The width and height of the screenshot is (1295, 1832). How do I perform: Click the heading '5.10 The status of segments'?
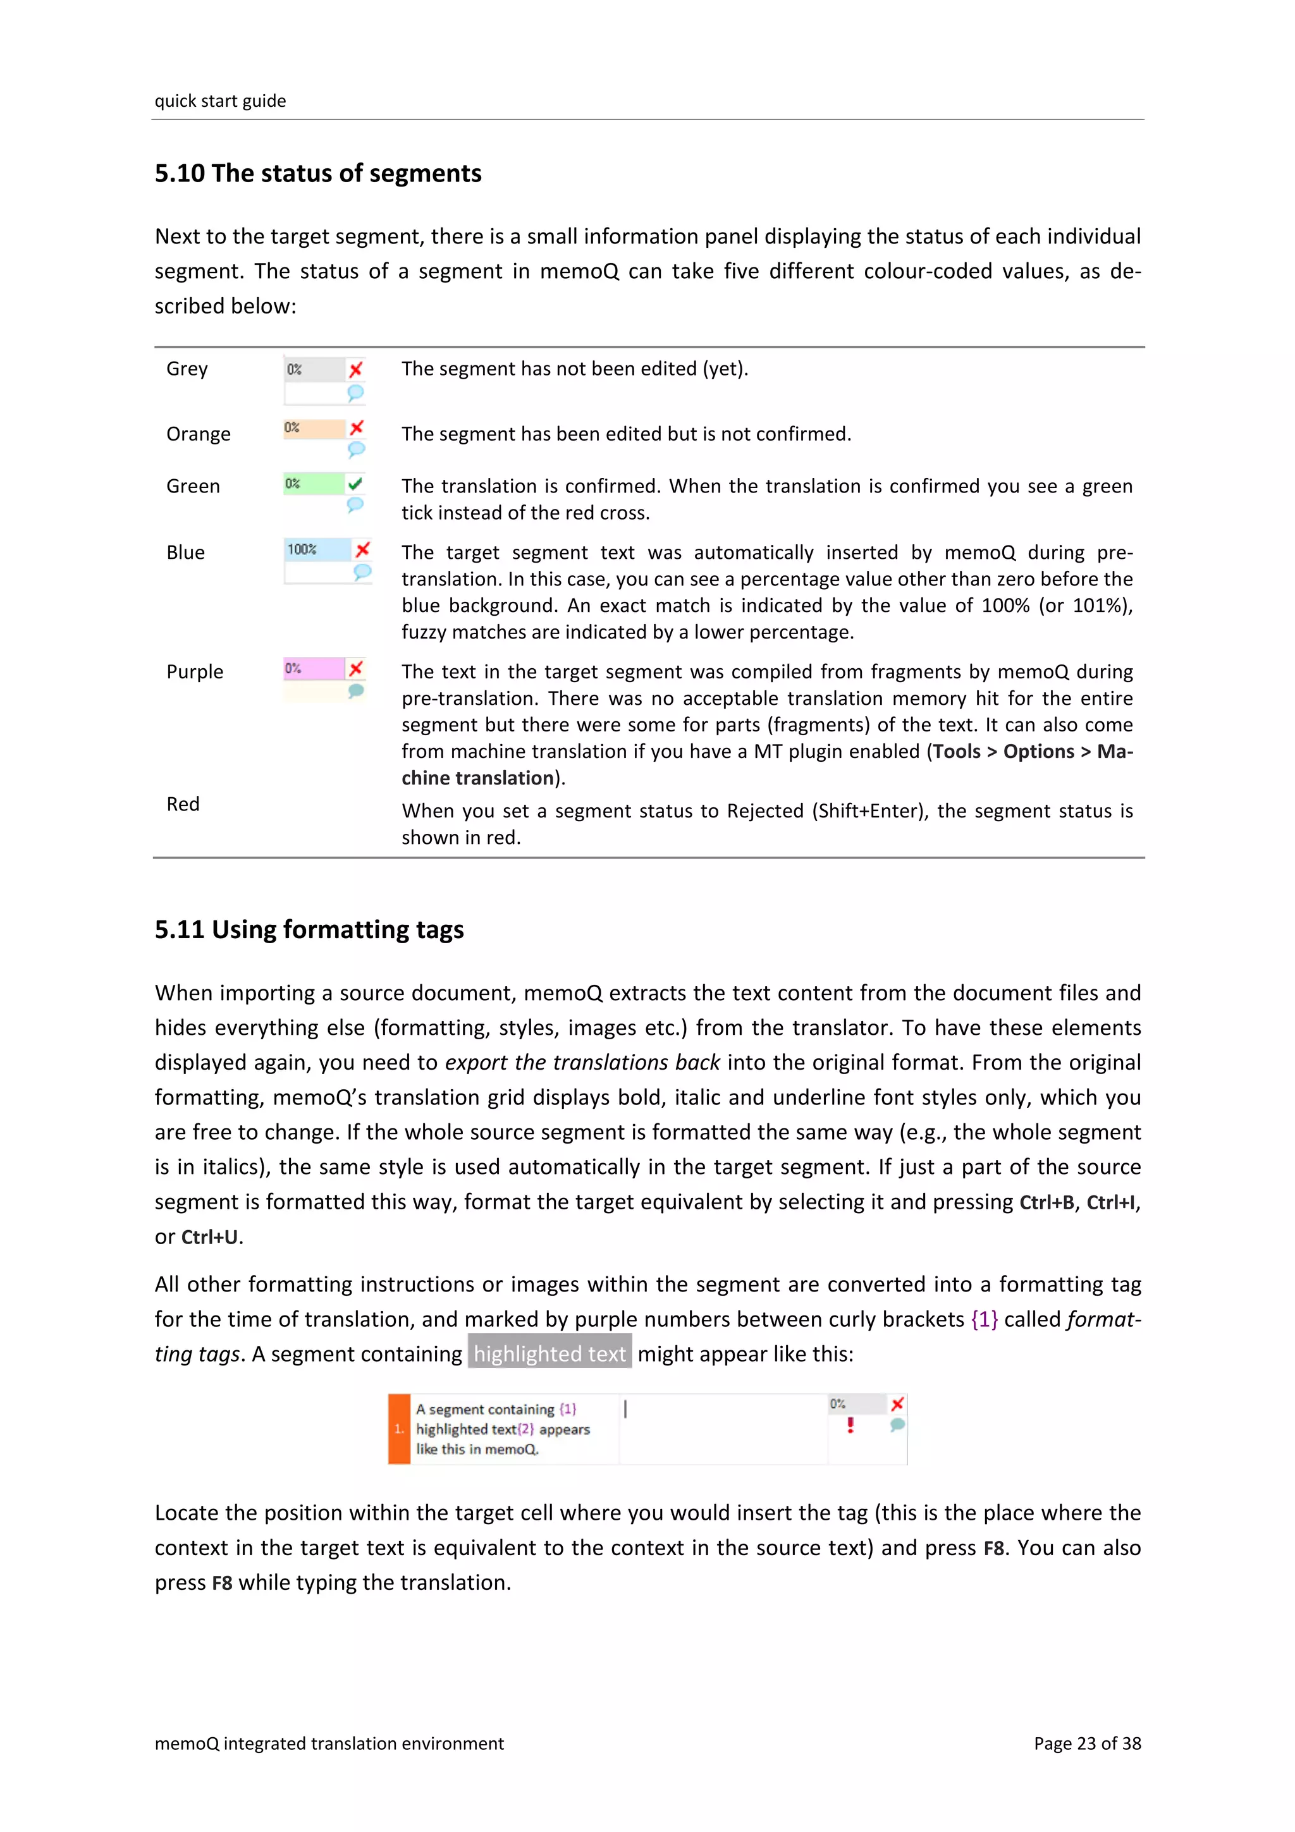point(317,173)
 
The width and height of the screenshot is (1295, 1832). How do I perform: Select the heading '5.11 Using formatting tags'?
point(309,929)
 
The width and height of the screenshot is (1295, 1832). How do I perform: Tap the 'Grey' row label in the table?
point(187,369)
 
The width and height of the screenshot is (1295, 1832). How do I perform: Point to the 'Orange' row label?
point(198,434)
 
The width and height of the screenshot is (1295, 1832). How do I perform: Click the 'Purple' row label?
point(195,672)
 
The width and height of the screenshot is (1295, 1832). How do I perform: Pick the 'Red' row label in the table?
point(183,804)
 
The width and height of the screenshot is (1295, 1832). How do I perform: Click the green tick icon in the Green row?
point(355,483)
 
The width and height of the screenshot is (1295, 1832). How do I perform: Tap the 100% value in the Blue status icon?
point(302,550)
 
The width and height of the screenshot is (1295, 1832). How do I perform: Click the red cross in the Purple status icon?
point(356,668)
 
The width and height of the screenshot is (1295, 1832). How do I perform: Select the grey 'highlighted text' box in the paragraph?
point(549,1354)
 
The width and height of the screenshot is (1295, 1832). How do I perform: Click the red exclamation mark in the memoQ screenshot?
point(850,1425)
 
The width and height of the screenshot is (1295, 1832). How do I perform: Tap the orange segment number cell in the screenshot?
point(399,1429)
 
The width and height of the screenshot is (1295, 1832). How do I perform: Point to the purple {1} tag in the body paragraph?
point(984,1320)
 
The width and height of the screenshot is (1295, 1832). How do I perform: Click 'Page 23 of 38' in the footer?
point(1087,1743)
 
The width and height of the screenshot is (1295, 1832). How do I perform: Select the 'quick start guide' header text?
point(220,101)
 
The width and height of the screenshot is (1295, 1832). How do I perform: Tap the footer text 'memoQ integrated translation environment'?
point(329,1743)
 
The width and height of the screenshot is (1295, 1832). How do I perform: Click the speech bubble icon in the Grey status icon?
point(356,393)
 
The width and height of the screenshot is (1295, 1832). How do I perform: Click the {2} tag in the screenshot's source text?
point(526,1429)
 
